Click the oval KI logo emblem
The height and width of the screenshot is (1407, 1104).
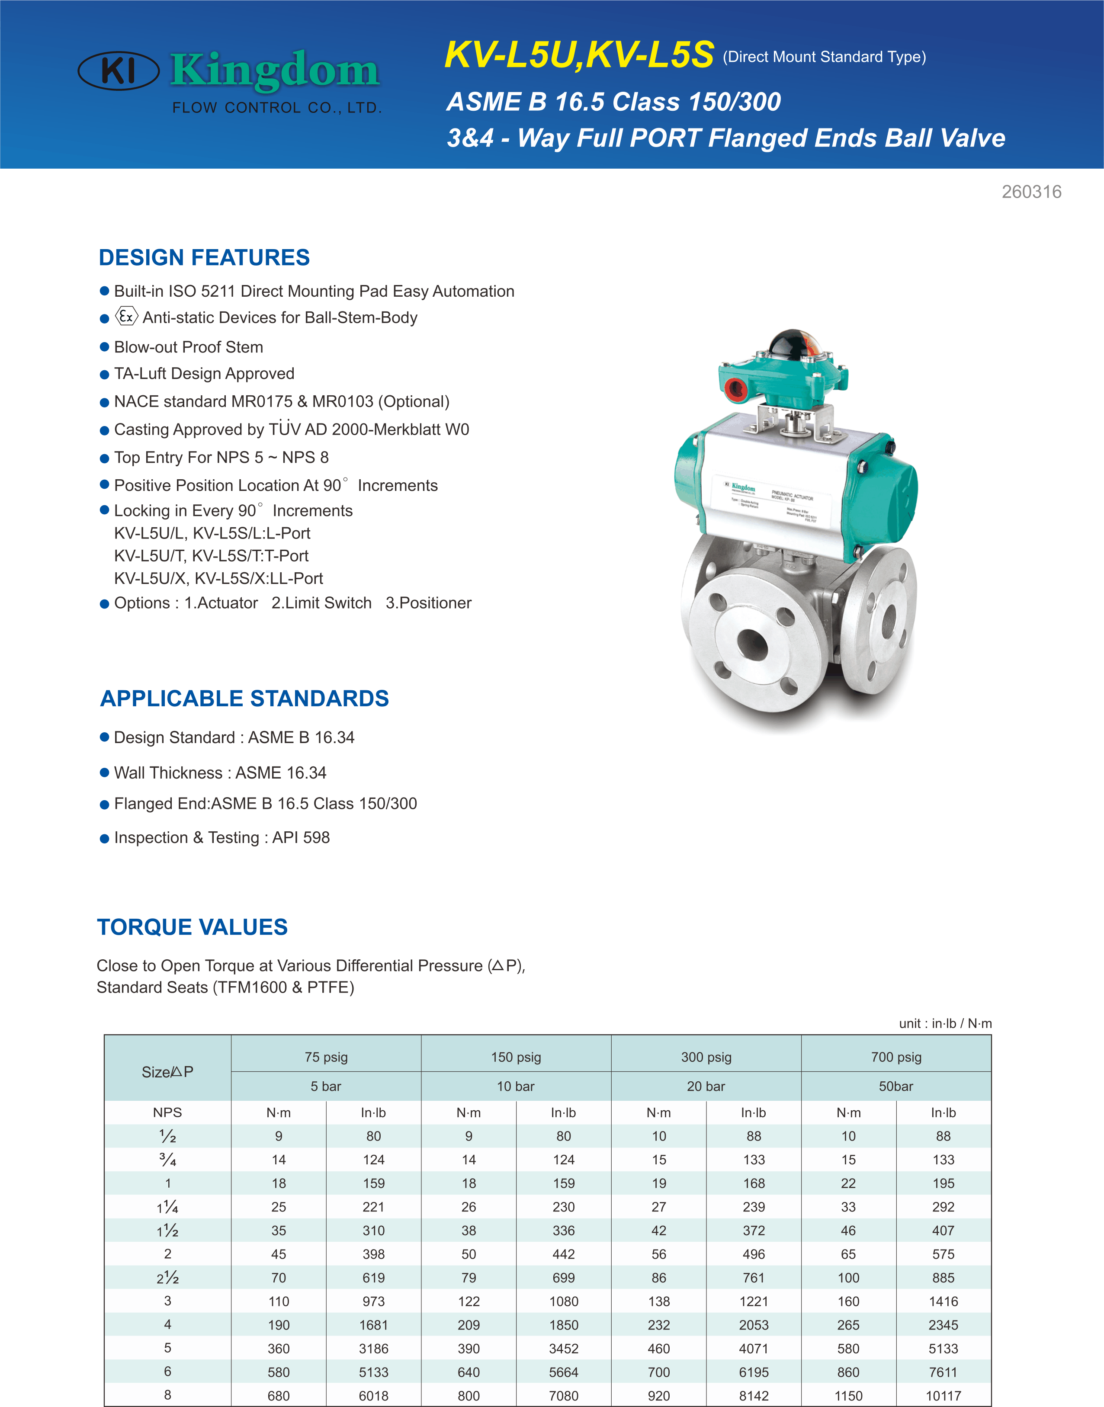pyautogui.click(x=118, y=71)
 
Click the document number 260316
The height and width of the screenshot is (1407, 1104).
pyautogui.click(x=1031, y=192)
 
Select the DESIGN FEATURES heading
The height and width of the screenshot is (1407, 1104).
pyautogui.click(x=204, y=257)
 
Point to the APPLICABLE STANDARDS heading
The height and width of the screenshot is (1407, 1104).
pyautogui.click(x=244, y=699)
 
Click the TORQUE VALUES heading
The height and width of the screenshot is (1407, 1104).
pyautogui.click(x=193, y=927)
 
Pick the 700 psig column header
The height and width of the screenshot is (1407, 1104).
pyautogui.click(x=896, y=1058)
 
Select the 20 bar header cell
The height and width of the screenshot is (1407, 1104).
pyautogui.click(x=706, y=1086)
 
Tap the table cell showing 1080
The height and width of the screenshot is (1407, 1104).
pyautogui.click(x=564, y=1301)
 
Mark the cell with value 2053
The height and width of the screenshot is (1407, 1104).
pyautogui.click(x=754, y=1325)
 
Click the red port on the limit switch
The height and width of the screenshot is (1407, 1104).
pyautogui.click(x=735, y=390)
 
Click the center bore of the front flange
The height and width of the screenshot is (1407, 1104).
pyautogui.click(x=752, y=644)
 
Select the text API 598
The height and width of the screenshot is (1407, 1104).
pyautogui.click(x=301, y=838)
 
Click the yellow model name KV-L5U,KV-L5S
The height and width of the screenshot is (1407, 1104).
pyautogui.click(x=579, y=54)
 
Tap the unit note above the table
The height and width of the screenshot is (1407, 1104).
pyautogui.click(x=945, y=1023)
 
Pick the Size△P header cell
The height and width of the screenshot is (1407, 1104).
pyautogui.click(x=167, y=1071)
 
